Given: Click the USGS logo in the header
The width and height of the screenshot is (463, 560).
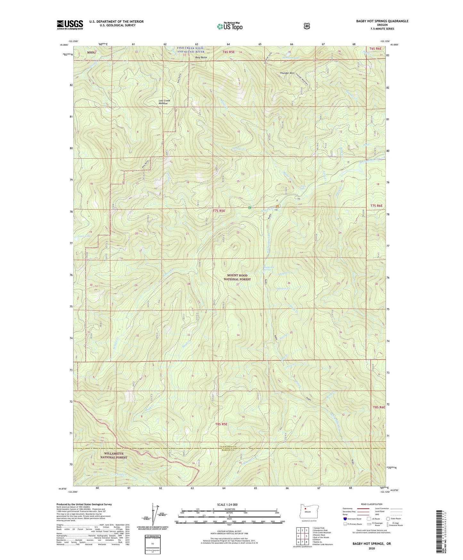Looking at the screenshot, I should click(x=70, y=25).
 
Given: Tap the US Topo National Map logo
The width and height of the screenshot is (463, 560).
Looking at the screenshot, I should click(x=229, y=26).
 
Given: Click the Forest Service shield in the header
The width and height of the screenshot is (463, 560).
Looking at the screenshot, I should click(x=307, y=26).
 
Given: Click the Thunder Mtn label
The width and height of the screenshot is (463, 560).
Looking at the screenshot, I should click(x=287, y=73).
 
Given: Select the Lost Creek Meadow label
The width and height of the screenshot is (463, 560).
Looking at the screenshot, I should click(x=164, y=102).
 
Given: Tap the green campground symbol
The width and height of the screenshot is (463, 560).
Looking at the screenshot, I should click(x=249, y=208).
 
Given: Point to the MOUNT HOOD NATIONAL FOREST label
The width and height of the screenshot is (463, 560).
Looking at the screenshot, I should click(x=237, y=277).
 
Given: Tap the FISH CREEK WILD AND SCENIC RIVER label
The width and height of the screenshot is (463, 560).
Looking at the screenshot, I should click(x=191, y=50).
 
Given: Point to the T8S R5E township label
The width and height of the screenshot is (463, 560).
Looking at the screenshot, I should click(x=221, y=424).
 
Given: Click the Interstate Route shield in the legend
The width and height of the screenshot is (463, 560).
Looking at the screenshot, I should click(x=345, y=519).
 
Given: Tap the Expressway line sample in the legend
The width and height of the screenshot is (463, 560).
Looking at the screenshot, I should click(x=362, y=508).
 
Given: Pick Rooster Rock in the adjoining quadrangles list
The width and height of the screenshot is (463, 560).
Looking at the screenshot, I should click(x=319, y=535).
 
